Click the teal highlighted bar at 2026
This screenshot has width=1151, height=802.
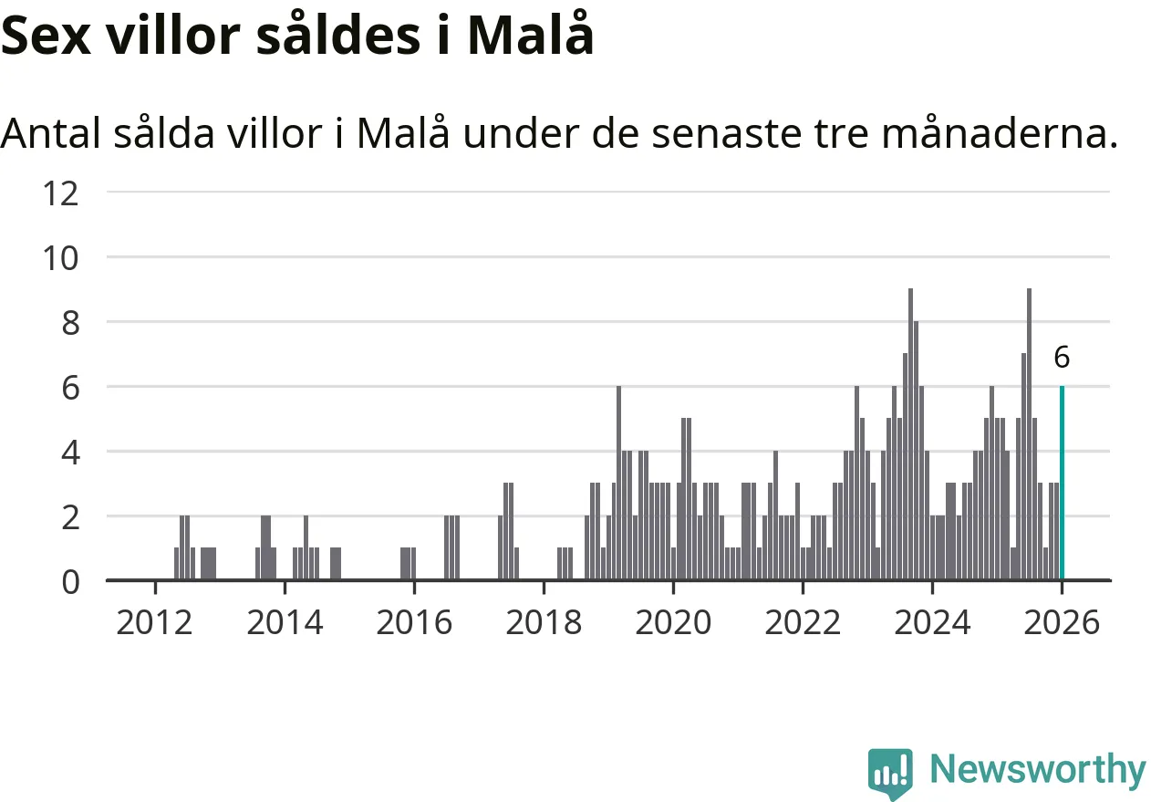point(1062,484)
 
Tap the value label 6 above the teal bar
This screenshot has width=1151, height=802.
point(1062,358)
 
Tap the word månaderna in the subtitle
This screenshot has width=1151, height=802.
point(1000,135)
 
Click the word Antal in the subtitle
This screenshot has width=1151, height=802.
point(51,135)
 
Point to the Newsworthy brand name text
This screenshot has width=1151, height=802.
point(1038,770)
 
